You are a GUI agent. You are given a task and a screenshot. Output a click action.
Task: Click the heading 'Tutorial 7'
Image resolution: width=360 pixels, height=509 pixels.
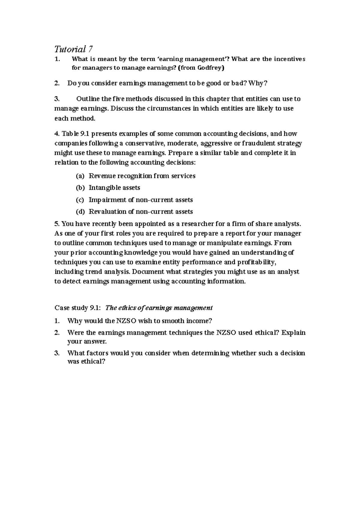[73, 49]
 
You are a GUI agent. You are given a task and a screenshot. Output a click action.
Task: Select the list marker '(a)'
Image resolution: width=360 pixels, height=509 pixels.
[80, 176]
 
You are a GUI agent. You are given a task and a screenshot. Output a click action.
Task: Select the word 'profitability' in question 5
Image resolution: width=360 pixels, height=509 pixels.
[256, 262]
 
